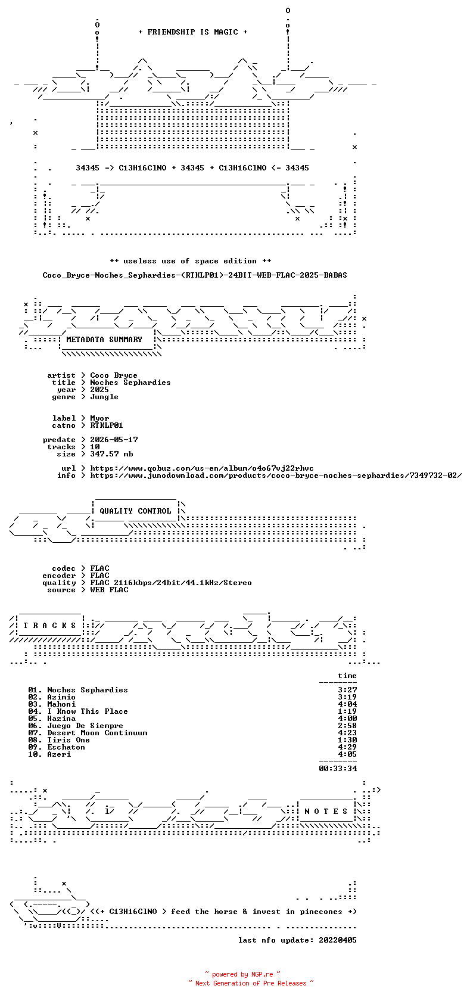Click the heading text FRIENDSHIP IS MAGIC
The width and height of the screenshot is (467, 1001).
point(193,32)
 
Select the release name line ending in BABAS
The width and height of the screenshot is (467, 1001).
point(195,275)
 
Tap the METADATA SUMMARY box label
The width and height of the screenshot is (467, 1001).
point(104,340)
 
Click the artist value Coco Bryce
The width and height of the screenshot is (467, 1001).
point(114,375)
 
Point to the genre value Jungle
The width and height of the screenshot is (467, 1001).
point(104,397)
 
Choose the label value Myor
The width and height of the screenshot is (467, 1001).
point(99,418)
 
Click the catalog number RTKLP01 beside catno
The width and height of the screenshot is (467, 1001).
point(107,425)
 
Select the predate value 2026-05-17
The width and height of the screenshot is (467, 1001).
point(114,440)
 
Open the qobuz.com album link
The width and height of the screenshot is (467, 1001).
point(202,468)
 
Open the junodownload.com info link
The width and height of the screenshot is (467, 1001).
point(276,475)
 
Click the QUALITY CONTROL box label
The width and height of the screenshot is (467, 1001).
point(135,511)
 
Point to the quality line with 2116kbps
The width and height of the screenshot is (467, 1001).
point(171,583)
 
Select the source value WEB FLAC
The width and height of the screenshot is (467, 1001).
point(109,590)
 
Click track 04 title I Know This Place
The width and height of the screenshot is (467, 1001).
point(88,711)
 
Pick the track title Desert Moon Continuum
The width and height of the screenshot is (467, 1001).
point(97,733)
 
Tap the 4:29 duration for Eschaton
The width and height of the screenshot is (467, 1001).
point(347,747)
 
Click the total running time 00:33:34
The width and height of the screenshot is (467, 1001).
point(338,769)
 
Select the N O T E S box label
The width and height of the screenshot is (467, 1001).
point(326,812)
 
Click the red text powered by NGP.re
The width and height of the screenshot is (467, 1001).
point(242,974)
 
